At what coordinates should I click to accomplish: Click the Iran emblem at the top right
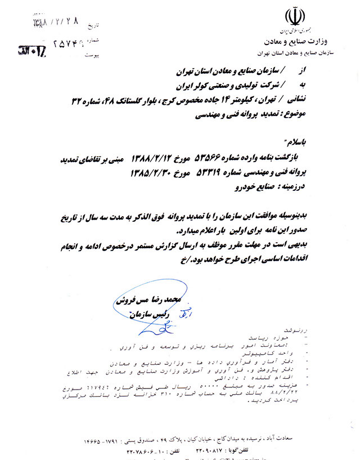[292, 16]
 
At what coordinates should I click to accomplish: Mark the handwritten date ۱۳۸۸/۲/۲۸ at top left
[49, 23]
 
